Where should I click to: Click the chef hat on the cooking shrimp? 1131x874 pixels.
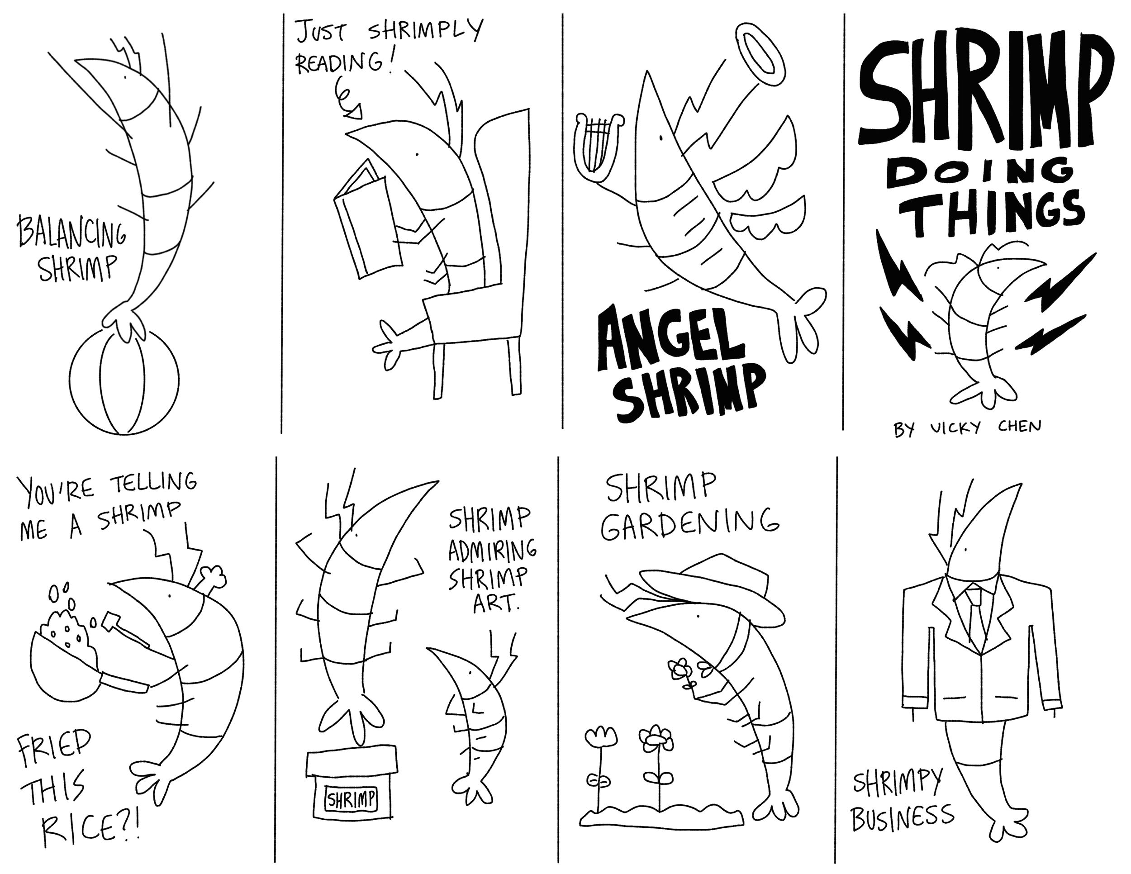pyautogui.click(x=211, y=577)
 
